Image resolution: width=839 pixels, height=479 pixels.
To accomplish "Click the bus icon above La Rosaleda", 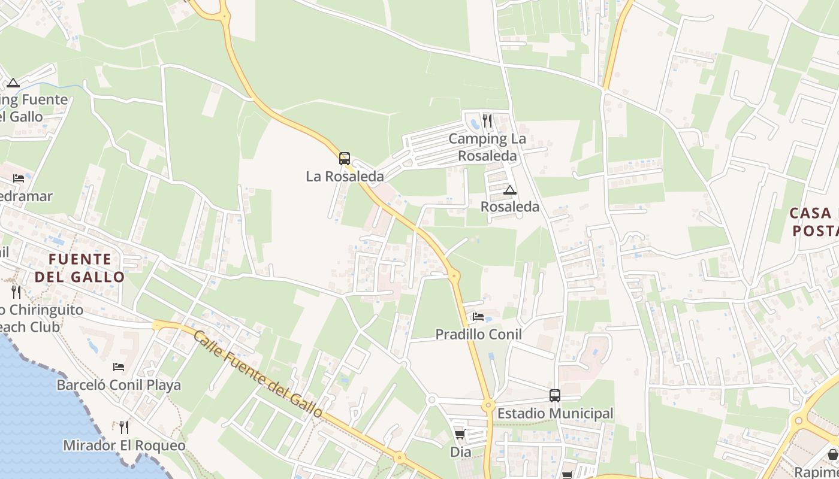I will click(345, 159).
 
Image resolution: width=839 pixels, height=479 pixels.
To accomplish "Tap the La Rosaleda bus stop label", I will click(345, 177).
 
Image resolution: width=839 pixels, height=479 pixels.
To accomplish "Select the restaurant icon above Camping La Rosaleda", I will click(487, 122).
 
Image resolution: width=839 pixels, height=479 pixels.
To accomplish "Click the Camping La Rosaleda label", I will click(487, 147).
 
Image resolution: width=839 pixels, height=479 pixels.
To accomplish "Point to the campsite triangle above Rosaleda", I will click(510, 190).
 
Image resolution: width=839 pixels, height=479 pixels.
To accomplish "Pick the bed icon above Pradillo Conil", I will click(478, 317).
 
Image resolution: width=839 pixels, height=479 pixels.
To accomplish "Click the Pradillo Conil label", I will click(478, 334).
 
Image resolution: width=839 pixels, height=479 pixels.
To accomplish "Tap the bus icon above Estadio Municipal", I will click(555, 396).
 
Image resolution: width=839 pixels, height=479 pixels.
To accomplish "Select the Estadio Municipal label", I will click(555, 413).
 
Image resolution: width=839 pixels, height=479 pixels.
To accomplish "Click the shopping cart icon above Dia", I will click(460, 435).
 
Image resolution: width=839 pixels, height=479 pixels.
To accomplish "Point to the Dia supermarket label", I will click(461, 452).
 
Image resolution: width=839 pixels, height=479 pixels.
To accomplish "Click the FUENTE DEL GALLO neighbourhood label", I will click(80, 268).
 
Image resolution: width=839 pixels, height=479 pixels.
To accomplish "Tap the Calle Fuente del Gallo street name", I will click(258, 374).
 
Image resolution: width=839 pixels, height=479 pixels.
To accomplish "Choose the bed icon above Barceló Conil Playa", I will click(119, 367).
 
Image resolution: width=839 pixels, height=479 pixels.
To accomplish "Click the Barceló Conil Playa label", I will click(119, 384).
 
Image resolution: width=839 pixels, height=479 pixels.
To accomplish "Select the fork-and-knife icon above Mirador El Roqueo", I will click(124, 428).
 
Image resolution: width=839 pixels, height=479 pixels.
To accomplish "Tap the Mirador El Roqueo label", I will click(124, 446).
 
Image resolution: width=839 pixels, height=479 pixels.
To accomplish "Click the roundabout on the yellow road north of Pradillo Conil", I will click(454, 277).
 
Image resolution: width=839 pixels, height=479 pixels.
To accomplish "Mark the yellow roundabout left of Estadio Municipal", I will click(488, 405).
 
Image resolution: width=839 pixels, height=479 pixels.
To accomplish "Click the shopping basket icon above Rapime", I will click(833, 454).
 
